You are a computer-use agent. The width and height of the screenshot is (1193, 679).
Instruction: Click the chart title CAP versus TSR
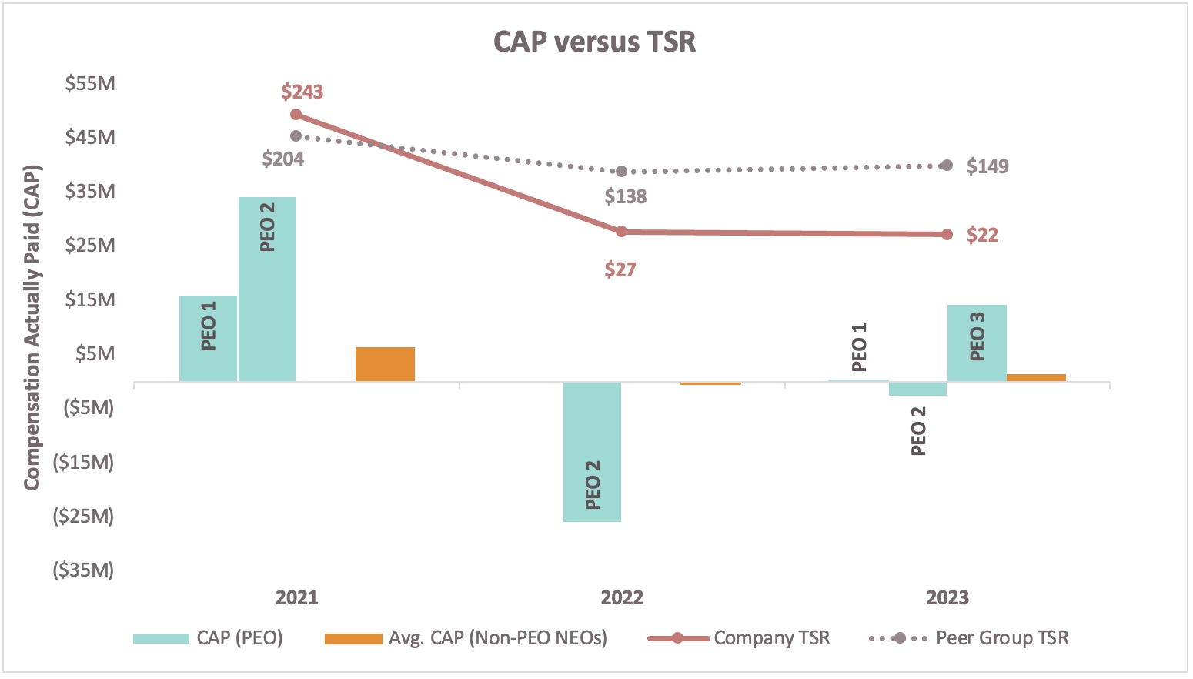pyautogui.click(x=594, y=42)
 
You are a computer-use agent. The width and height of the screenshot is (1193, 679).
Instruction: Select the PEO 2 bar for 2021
pyautogui.click(x=267, y=289)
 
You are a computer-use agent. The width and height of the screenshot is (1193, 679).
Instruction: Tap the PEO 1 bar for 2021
pyautogui.click(x=208, y=339)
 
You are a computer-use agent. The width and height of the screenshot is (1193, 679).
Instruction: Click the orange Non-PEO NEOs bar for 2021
pyautogui.click(x=385, y=364)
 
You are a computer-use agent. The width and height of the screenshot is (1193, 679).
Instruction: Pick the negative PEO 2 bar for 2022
pyautogui.click(x=592, y=452)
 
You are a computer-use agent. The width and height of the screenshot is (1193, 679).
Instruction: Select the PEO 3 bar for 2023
pyautogui.click(x=977, y=343)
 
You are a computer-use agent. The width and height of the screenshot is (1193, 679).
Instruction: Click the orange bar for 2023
pyautogui.click(x=1036, y=377)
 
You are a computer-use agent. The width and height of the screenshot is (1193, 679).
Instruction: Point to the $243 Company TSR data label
pyautogui.click(x=302, y=92)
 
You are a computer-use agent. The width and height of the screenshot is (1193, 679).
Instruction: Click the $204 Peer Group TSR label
pyautogui.click(x=282, y=159)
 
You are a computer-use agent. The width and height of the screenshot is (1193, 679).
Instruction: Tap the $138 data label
pyautogui.click(x=625, y=196)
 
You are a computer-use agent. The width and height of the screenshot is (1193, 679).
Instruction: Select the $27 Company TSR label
pyautogui.click(x=620, y=269)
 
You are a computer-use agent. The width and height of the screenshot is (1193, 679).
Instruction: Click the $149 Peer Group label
pyautogui.click(x=987, y=166)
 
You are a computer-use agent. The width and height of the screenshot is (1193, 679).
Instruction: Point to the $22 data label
pyautogui.click(x=982, y=235)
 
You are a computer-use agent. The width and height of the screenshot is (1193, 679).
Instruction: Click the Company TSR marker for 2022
pyautogui.click(x=622, y=231)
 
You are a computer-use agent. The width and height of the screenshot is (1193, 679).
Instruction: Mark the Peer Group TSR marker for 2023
pyautogui.click(x=947, y=166)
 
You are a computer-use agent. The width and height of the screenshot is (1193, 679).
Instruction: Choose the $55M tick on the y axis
pyautogui.click(x=90, y=82)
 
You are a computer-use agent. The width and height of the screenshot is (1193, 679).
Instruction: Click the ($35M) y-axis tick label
pyautogui.click(x=83, y=570)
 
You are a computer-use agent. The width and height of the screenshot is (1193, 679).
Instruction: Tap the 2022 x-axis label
pyautogui.click(x=622, y=597)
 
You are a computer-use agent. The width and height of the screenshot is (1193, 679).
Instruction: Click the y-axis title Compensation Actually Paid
pyautogui.click(x=31, y=327)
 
